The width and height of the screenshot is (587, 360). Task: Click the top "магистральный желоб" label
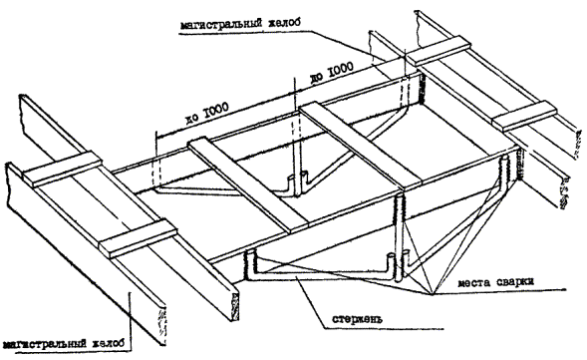[x=240, y=24]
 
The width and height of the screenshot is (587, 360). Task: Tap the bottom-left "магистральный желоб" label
[x=62, y=344]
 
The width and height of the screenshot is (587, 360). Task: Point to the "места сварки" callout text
[x=496, y=282]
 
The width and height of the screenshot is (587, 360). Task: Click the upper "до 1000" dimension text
[x=331, y=74]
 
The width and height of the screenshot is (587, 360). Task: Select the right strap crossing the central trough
[x=361, y=145]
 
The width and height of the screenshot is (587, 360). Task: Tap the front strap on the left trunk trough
[x=138, y=238]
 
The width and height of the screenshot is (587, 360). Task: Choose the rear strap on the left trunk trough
[x=63, y=169]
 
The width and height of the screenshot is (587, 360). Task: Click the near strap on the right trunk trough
[x=524, y=116]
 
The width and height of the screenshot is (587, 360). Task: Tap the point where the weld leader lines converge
[x=433, y=294]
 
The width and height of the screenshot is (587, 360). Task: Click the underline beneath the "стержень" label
[x=384, y=329]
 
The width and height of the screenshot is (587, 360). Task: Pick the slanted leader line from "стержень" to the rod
[x=310, y=302]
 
